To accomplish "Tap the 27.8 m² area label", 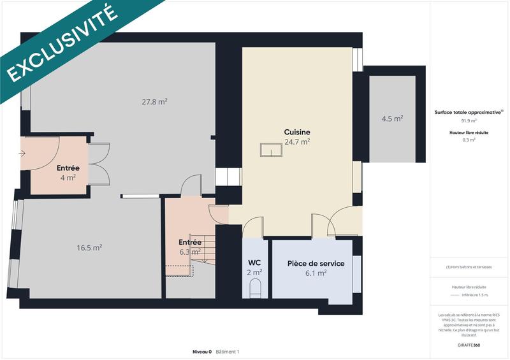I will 154,101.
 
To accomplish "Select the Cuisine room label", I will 297,133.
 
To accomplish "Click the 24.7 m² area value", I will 297,141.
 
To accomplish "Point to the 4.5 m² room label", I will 392,119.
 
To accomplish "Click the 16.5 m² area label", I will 90,248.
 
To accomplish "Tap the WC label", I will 254,263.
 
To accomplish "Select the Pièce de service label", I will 316,263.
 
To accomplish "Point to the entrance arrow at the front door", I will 22,154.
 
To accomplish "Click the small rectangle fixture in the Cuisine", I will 271,150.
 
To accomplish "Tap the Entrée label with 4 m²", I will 68,168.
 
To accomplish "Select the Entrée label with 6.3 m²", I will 190,242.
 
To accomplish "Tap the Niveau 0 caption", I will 202,352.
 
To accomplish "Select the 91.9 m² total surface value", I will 469,120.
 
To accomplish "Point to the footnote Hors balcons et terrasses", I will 469,267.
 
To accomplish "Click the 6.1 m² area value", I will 316,273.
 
